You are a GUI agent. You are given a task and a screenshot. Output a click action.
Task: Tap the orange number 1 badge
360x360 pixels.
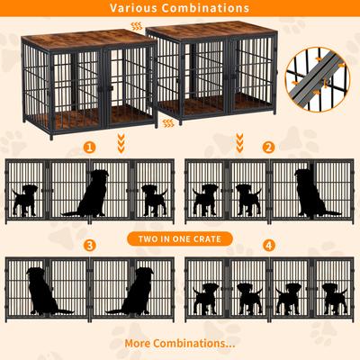click(88, 147)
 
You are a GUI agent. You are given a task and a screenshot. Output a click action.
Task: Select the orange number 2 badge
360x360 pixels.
click(268, 147)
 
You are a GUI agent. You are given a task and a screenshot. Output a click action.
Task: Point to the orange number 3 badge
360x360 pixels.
click(88, 245)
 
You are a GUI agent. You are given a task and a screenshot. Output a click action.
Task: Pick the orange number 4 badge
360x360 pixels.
click(268, 245)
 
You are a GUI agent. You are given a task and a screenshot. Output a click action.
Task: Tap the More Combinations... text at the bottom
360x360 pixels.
click(180, 343)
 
